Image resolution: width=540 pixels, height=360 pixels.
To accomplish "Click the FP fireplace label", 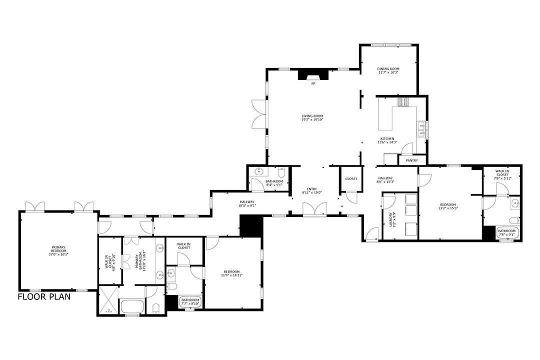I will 313,83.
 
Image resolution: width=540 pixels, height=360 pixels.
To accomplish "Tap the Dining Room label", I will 388,69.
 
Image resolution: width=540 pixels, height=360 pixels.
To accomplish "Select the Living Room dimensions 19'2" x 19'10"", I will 312,120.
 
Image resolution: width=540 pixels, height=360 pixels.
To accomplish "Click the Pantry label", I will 412,160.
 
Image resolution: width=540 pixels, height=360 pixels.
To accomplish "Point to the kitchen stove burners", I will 403,101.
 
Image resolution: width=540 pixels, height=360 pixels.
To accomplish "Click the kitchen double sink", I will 421,129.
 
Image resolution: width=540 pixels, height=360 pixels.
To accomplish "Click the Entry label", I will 312,189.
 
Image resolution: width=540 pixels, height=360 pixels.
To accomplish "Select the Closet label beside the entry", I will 351,178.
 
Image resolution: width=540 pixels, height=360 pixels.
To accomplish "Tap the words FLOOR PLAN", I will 44,296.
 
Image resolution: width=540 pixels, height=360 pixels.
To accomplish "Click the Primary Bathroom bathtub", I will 132,306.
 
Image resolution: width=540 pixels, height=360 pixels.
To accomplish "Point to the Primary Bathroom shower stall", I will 107,300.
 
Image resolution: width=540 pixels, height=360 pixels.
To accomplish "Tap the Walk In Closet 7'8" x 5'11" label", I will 502,174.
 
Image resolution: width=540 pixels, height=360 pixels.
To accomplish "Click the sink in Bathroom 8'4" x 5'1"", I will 259,172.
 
